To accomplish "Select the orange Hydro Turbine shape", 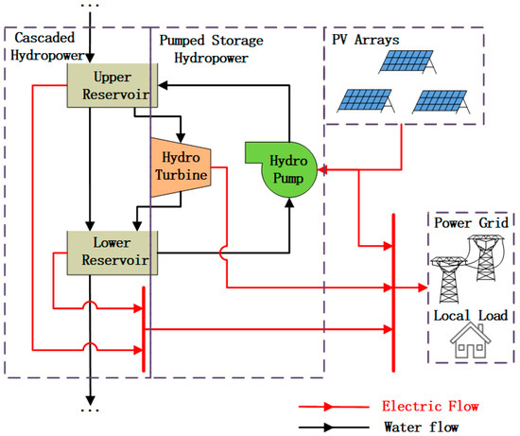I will click(x=180, y=167).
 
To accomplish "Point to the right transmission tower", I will click(x=488, y=259).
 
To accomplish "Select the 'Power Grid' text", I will click(x=471, y=221).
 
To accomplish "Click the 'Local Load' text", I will click(x=471, y=314).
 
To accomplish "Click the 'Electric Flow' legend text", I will click(x=428, y=406).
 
